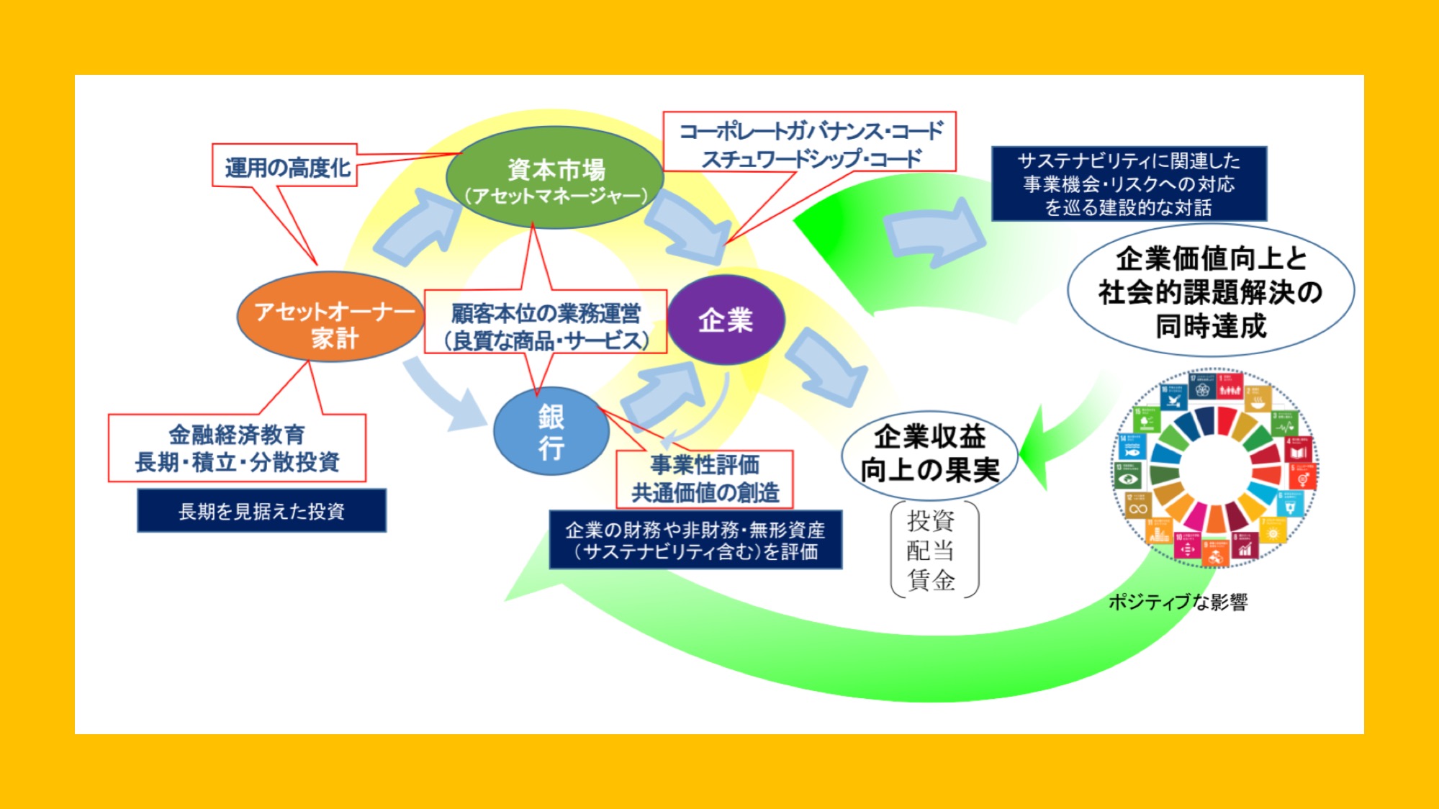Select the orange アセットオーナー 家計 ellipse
point(330,317)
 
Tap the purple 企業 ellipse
point(726,320)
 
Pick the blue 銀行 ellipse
point(551,431)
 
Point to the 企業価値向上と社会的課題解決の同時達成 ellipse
point(1210,291)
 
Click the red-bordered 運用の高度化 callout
point(286,166)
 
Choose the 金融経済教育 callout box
point(237,448)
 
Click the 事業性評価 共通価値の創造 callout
point(705,479)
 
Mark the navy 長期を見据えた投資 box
point(261,511)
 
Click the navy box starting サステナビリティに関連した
point(1128,184)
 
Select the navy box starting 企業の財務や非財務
point(695,541)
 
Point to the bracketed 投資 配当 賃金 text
point(933,550)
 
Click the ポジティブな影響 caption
point(1178,602)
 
